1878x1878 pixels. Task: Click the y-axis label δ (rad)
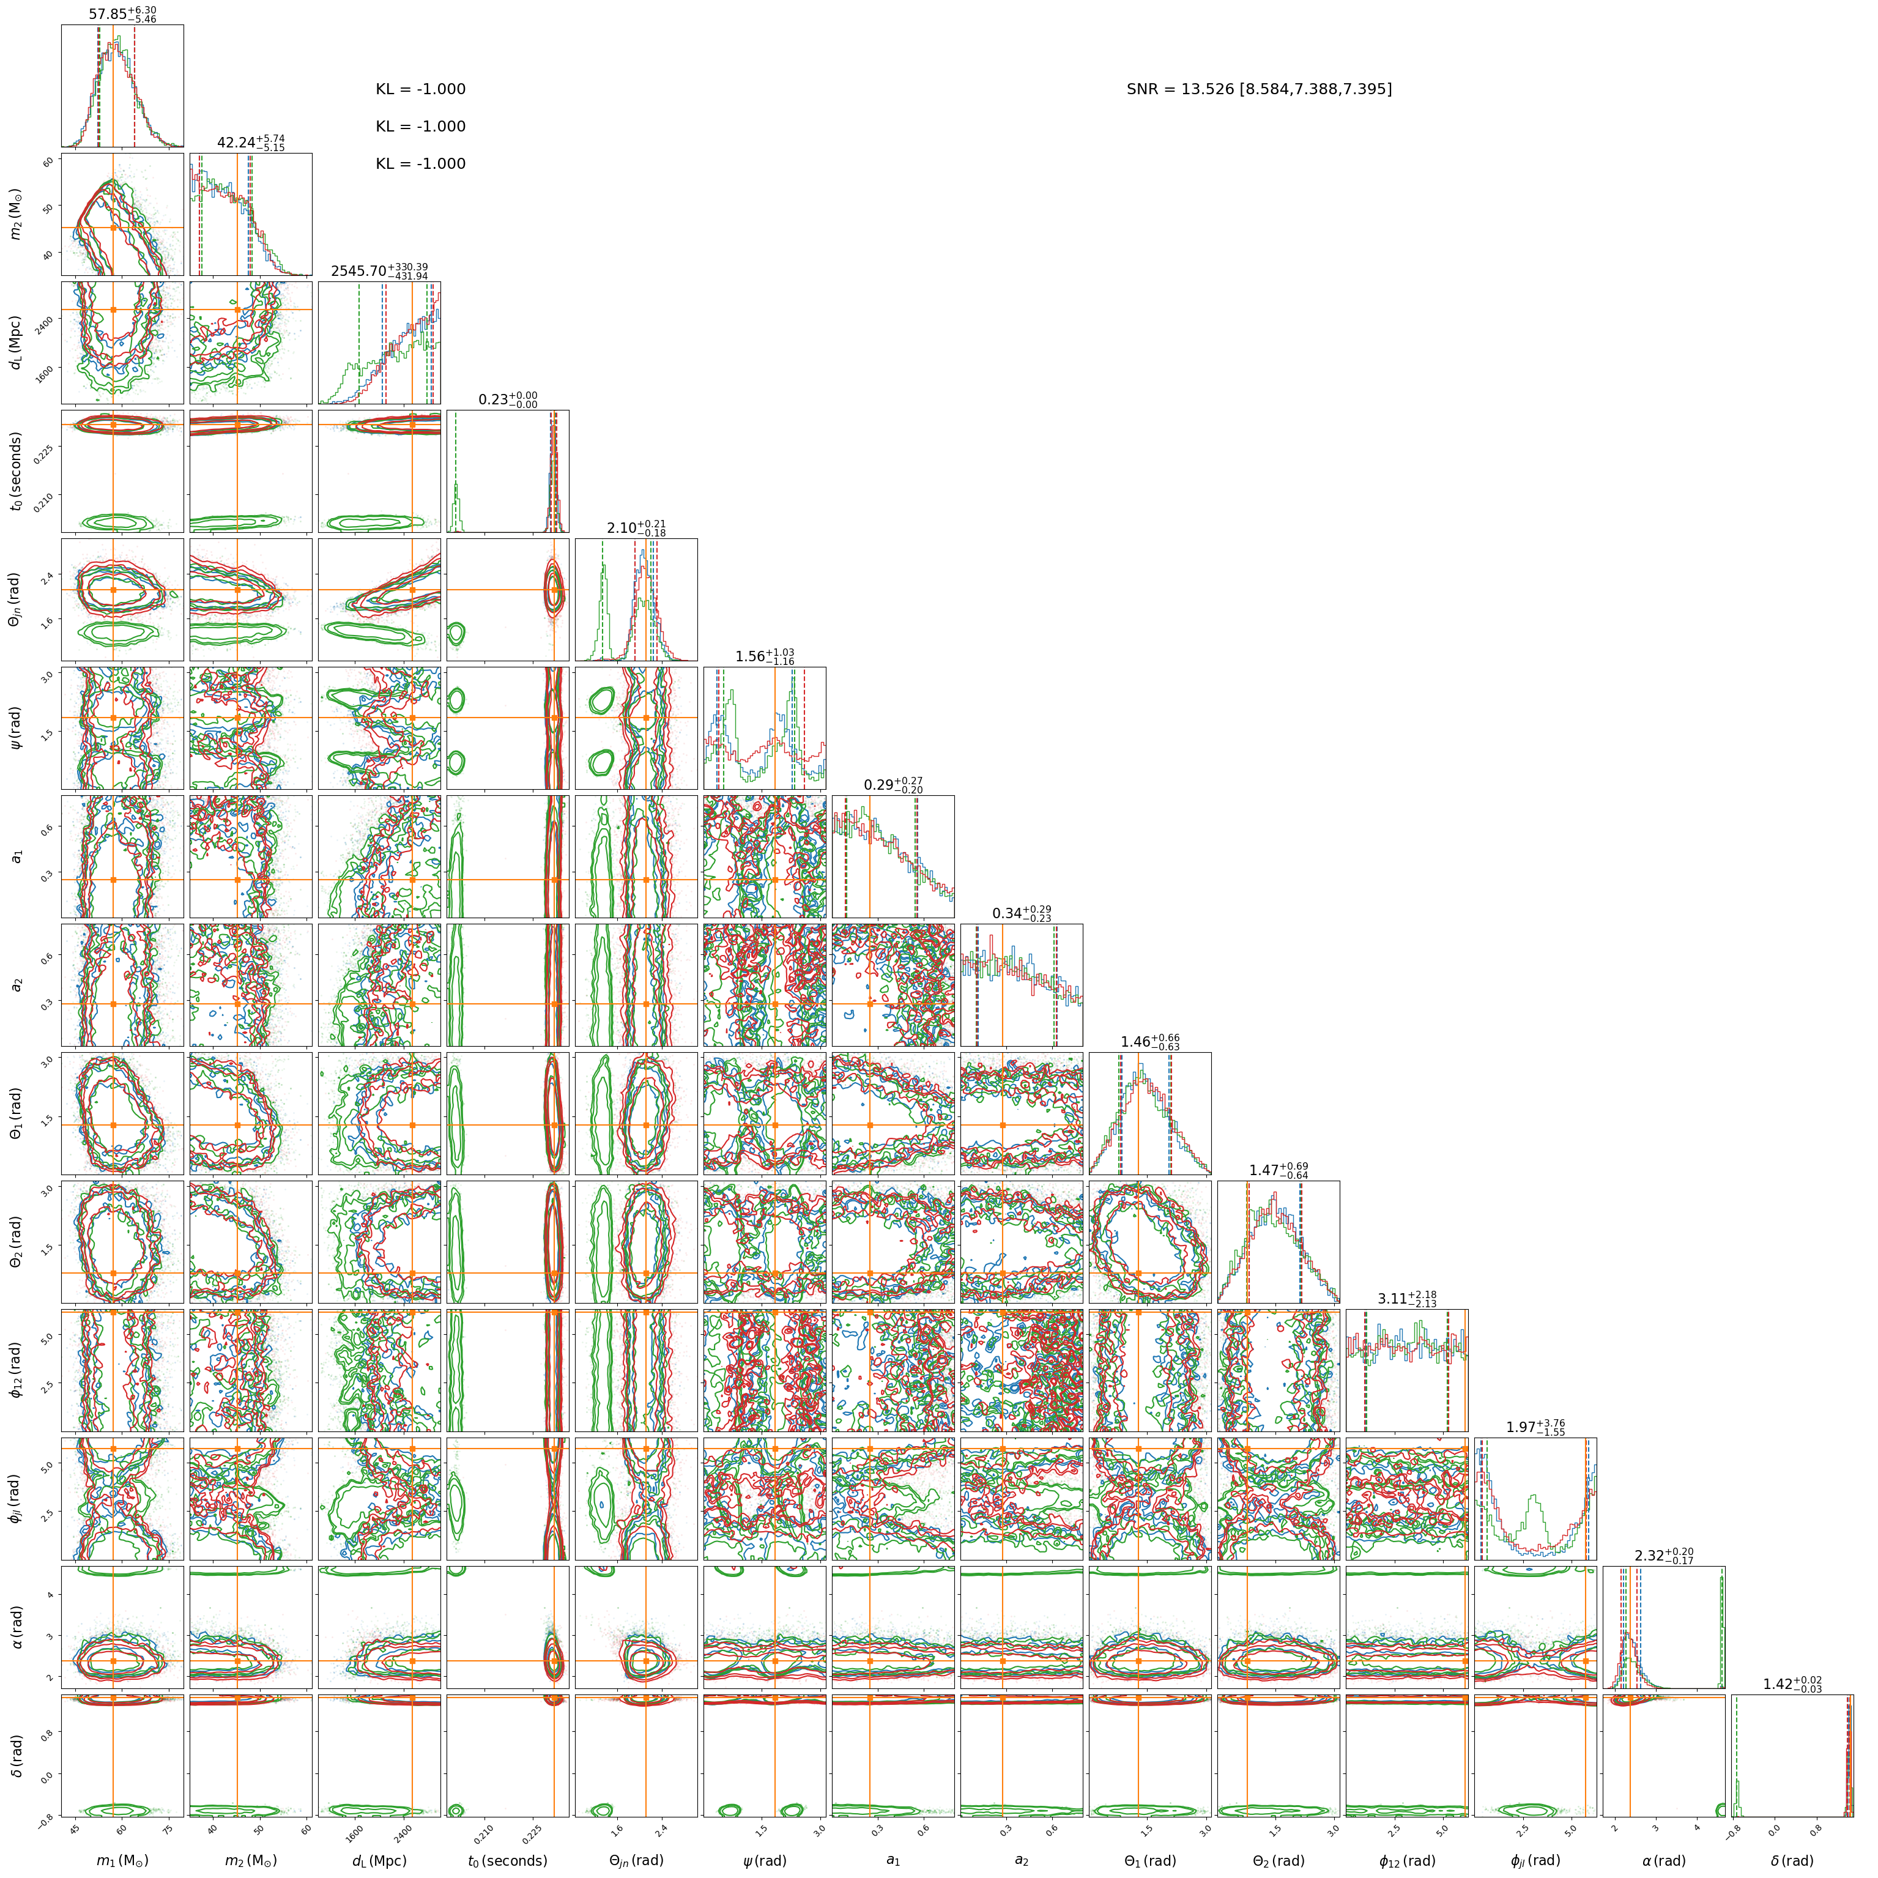click(x=17, y=1754)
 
